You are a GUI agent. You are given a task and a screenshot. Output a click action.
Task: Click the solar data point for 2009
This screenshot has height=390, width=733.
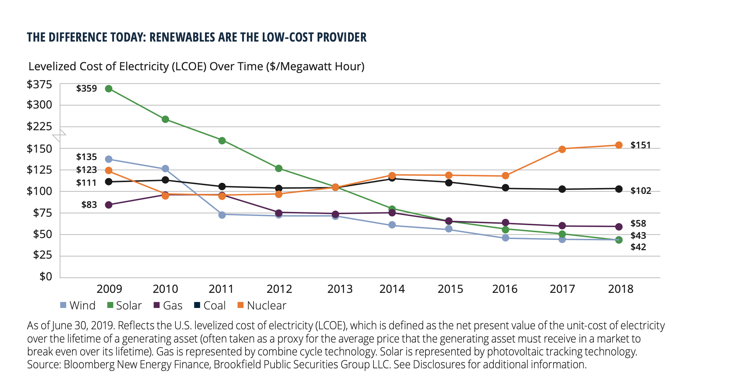pos(109,89)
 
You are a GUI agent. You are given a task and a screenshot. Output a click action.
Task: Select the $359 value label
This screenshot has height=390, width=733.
pos(86,89)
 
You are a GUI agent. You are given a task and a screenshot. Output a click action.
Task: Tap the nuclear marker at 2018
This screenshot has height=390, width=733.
pos(619,145)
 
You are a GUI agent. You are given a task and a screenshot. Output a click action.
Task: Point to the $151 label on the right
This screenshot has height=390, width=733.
pos(641,145)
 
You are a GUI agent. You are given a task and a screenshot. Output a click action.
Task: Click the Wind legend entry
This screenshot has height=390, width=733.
pos(78,305)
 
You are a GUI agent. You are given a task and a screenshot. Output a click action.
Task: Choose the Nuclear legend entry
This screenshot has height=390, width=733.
pos(262,305)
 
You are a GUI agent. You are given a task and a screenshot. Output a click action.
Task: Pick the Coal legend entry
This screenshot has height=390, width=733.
pos(210,305)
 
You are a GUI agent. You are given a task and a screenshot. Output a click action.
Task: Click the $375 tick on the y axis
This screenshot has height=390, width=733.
pos(39,85)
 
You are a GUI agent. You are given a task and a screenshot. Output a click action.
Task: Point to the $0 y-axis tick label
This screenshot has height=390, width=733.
pos(46,276)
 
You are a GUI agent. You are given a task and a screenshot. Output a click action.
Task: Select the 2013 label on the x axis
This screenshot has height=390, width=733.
pos(340,289)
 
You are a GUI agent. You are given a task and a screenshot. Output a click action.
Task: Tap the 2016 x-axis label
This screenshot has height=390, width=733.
pos(504,289)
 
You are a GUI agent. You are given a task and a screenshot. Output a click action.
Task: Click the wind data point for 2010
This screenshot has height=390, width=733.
pos(165,169)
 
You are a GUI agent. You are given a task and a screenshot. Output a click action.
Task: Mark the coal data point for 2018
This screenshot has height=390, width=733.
pos(619,189)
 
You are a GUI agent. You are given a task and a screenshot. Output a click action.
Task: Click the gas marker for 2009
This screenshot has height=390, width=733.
pos(109,205)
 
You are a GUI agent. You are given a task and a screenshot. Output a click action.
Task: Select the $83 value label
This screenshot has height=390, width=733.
pos(89,205)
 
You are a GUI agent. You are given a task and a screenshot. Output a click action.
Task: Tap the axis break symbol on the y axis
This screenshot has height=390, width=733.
pos(59,135)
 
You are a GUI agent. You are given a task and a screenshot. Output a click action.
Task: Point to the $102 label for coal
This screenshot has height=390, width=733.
pos(641,191)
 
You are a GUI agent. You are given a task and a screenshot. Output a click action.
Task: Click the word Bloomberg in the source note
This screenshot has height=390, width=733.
pos(89,365)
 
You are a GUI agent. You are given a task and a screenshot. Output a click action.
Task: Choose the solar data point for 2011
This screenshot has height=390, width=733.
pos(222,141)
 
